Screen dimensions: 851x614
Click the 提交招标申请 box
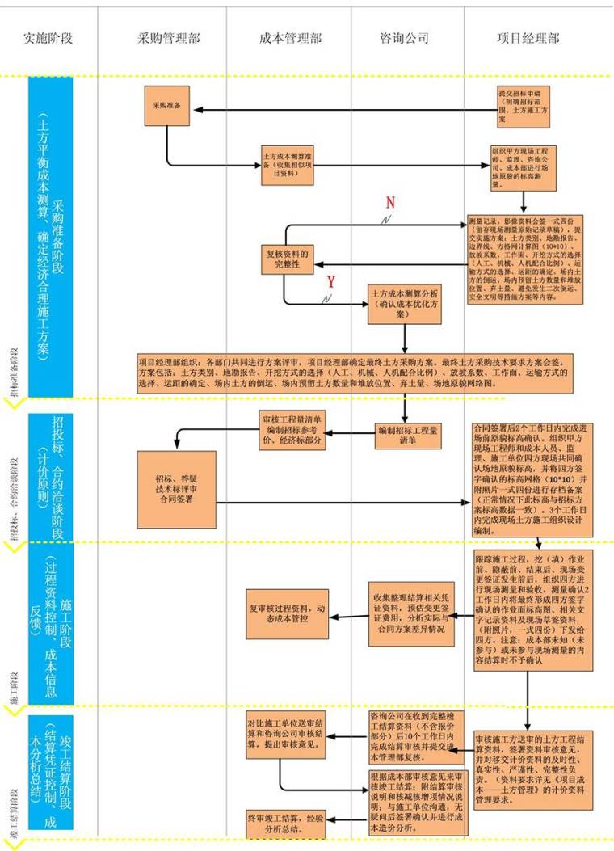526,104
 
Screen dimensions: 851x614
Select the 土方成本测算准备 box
288,162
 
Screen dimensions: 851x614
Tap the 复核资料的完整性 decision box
288,258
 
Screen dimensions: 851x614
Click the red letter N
390,201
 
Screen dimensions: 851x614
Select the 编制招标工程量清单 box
408,436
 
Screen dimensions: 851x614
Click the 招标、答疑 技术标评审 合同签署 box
178,487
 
